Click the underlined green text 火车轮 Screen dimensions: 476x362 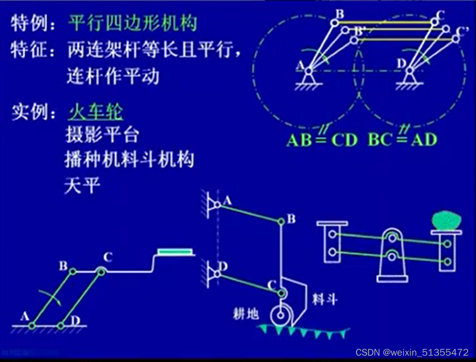click(95, 113)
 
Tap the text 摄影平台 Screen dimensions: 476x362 click(102, 135)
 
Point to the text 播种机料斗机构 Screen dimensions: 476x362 click(129, 159)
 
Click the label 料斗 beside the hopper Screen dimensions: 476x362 click(325, 299)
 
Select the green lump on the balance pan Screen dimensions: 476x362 click(446, 221)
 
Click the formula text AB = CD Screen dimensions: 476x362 click(322, 140)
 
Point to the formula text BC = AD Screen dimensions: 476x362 click(402, 140)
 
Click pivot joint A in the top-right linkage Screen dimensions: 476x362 click(308, 71)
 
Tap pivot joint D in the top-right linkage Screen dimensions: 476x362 click(409, 71)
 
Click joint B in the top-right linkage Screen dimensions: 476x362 click(334, 22)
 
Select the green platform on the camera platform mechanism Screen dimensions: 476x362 click(174, 251)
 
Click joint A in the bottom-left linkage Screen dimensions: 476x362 click(32, 325)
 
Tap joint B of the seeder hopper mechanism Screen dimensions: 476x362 click(281, 222)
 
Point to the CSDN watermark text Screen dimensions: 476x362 click(412, 352)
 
